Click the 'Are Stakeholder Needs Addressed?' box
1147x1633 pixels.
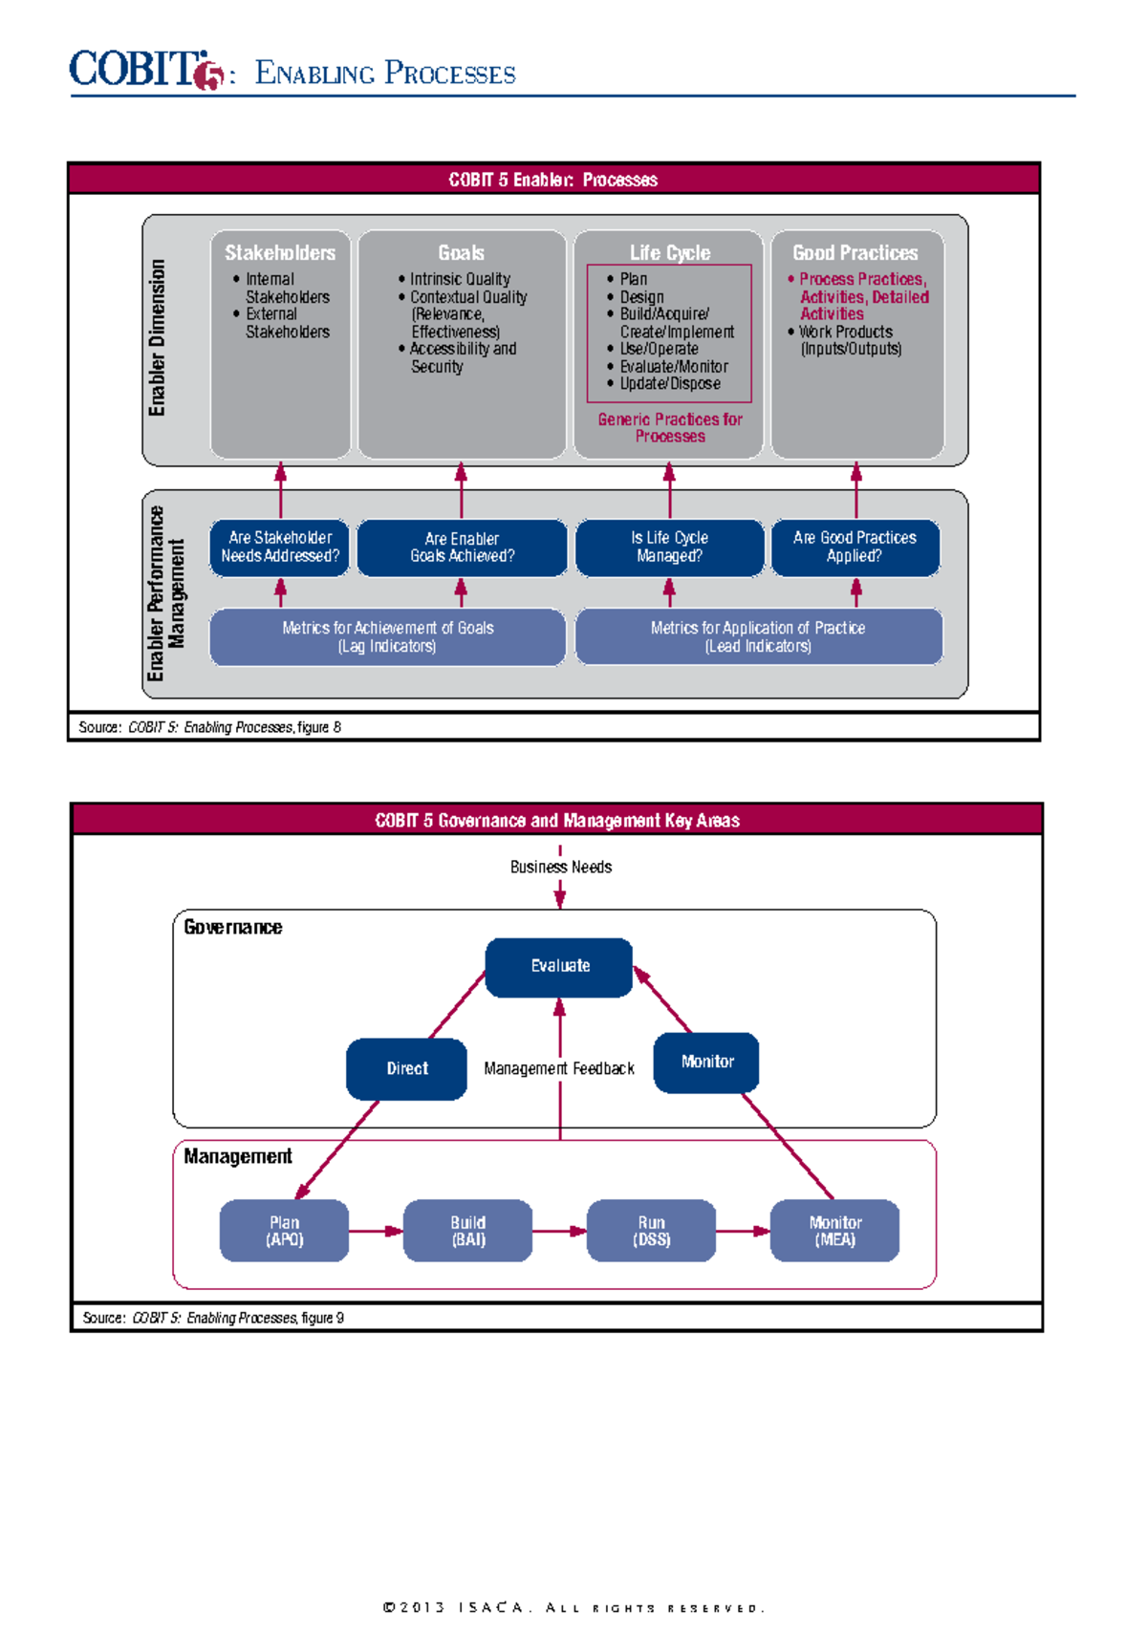tap(280, 548)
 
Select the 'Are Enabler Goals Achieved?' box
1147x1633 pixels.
tap(462, 548)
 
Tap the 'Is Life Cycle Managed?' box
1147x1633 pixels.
tap(669, 548)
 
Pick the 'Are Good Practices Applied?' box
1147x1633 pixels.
tap(855, 548)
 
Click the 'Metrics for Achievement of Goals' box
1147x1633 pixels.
tap(387, 637)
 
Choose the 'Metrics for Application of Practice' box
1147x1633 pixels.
tap(758, 637)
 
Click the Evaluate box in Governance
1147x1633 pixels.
tap(559, 967)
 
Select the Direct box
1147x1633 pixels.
tap(406, 1069)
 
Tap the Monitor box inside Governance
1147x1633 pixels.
tap(706, 1063)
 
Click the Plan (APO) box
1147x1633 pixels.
tap(284, 1231)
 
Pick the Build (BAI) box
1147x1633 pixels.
tap(467, 1231)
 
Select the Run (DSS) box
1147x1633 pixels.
tap(651, 1231)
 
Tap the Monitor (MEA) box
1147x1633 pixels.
tap(834, 1231)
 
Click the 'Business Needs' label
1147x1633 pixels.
tap(560, 868)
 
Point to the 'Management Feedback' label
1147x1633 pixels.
tap(559, 1069)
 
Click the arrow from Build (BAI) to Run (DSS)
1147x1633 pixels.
tap(559, 1232)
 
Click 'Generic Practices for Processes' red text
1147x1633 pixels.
tap(670, 428)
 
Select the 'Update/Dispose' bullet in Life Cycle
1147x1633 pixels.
tap(669, 384)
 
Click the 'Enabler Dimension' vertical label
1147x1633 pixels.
tap(158, 338)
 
